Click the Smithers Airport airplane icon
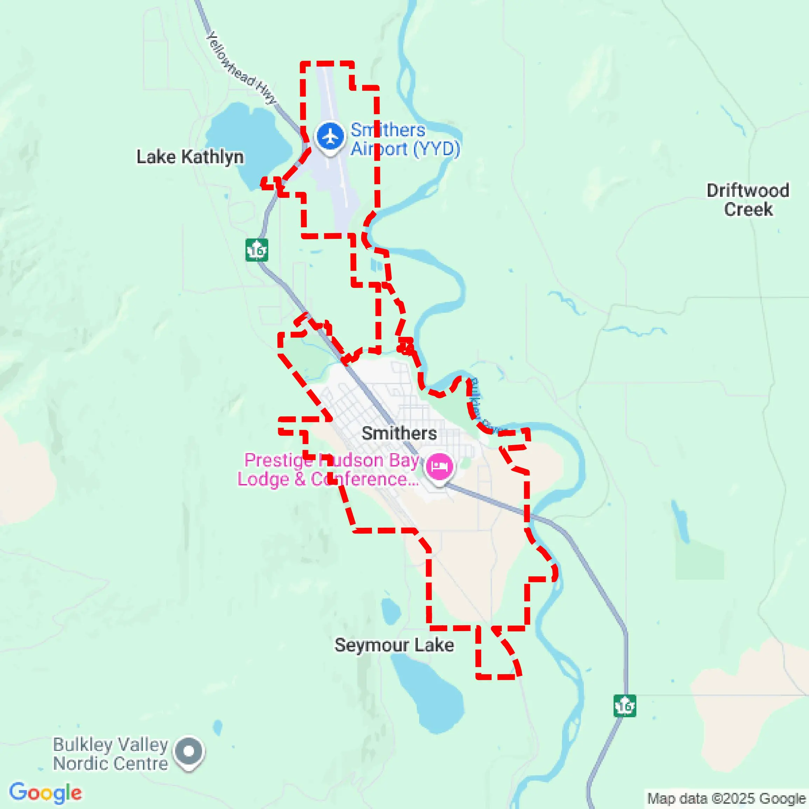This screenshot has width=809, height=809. tap(330, 137)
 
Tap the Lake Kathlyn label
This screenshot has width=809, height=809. tap(190, 157)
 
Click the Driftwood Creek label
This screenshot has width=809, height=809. tap(748, 200)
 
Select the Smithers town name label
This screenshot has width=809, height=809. tap(399, 434)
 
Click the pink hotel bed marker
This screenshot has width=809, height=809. tap(438, 466)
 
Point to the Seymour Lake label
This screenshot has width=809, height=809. tap(394, 645)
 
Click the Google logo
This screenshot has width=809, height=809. tap(45, 793)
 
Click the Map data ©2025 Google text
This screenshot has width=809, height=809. tap(726, 798)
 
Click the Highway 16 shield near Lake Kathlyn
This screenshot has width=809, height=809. tap(256, 250)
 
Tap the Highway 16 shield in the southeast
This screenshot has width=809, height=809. tap(624, 706)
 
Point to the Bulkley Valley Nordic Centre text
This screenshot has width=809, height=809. tap(111, 754)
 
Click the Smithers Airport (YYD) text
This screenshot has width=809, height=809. tap(404, 139)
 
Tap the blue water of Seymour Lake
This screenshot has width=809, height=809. tap(431, 691)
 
